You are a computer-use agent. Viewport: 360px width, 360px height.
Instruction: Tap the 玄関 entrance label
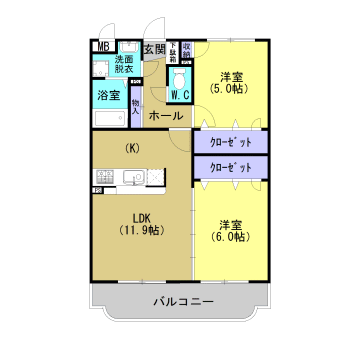pyautogui.click(x=154, y=49)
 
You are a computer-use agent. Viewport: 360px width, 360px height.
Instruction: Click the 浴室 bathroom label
pyautogui.click(x=108, y=95)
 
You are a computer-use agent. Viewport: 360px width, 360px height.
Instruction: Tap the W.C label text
pyautogui.click(x=181, y=96)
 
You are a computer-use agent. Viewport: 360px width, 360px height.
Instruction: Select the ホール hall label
pyautogui.click(x=165, y=117)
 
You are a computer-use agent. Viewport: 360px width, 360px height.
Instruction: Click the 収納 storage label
pyautogui.click(x=187, y=48)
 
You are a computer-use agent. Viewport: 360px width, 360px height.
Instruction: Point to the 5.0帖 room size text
pyautogui.click(x=231, y=88)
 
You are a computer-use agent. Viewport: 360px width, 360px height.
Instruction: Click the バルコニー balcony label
pyautogui.click(x=183, y=301)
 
